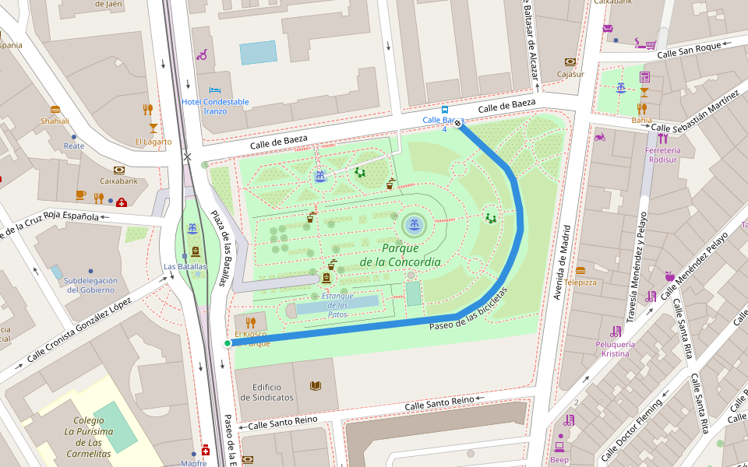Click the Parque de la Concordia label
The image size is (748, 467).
tap(400, 255)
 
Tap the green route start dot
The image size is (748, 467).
tap(228, 343)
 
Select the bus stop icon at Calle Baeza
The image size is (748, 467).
tap(444, 110)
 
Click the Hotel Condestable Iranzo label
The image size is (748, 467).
tap(215, 106)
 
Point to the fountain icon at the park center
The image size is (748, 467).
tap(414, 225)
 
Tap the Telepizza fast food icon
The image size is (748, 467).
tap(580, 271)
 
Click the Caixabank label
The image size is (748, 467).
tap(118, 181)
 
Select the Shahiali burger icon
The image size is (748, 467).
tap(55, 110)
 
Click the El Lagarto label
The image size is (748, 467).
tap(153, 142)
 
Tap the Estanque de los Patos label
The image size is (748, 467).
tap(337, 304)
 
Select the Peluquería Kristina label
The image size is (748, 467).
tap(616, 349)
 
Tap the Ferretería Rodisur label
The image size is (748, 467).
tap(663, 155)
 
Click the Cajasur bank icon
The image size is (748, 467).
tap(570, 62)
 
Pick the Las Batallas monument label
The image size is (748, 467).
tap(185, 266)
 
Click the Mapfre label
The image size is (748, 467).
tap(193, 463)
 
